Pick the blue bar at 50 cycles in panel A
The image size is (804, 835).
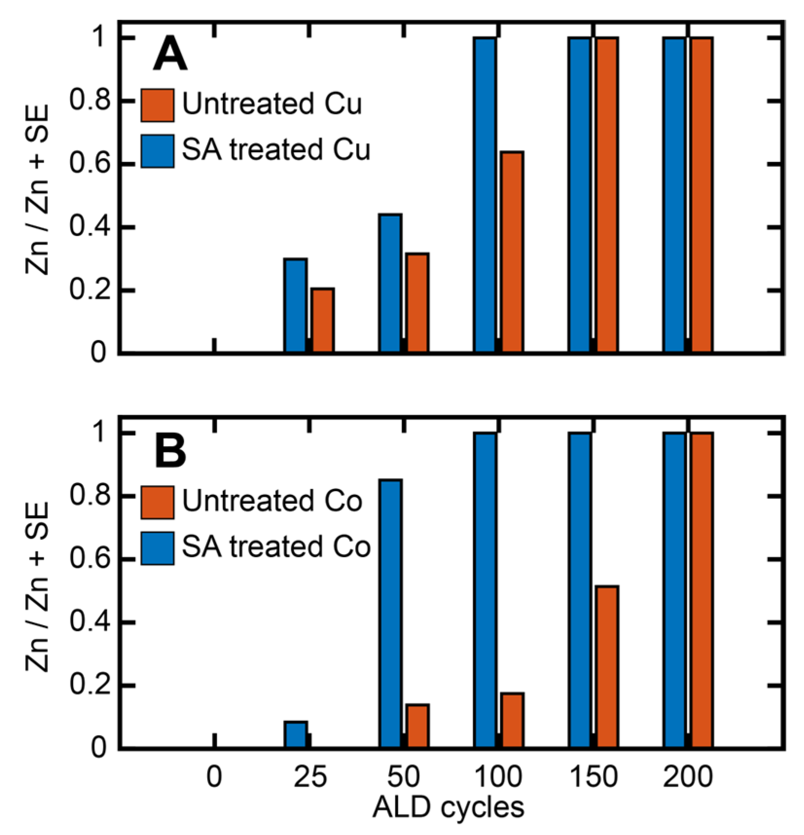coord(390,283)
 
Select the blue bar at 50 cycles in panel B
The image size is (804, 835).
coord(390,613)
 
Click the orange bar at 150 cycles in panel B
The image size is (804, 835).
coord(607,667)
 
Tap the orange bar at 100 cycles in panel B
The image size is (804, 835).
coord(512,720)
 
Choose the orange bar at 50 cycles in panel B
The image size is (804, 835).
coord(417,726)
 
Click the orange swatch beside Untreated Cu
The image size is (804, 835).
coord(157,105)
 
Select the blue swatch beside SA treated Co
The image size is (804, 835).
coord(157,548)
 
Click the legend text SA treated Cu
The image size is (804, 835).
coord(276,149)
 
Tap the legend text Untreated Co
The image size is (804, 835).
coord(272,501)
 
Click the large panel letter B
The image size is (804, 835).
coord(170,451)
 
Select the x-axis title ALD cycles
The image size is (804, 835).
coord(448,808)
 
